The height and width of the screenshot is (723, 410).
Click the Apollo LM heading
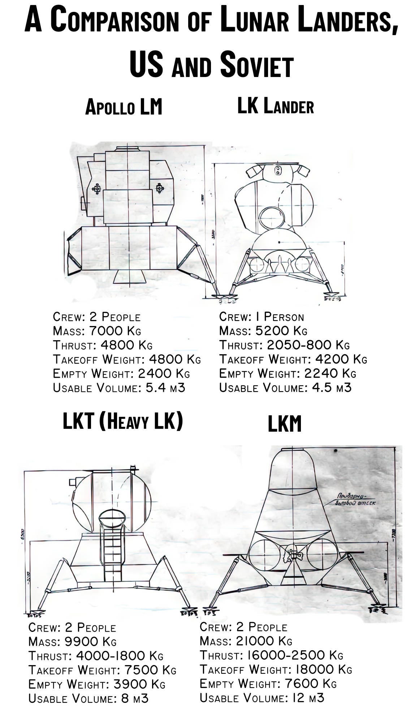(124, 107)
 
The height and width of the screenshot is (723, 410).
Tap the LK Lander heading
(275, 106)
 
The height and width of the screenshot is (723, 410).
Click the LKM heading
(284, 424)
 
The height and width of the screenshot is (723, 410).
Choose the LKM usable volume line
(262, 697)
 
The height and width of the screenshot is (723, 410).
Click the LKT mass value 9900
(82, 642)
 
